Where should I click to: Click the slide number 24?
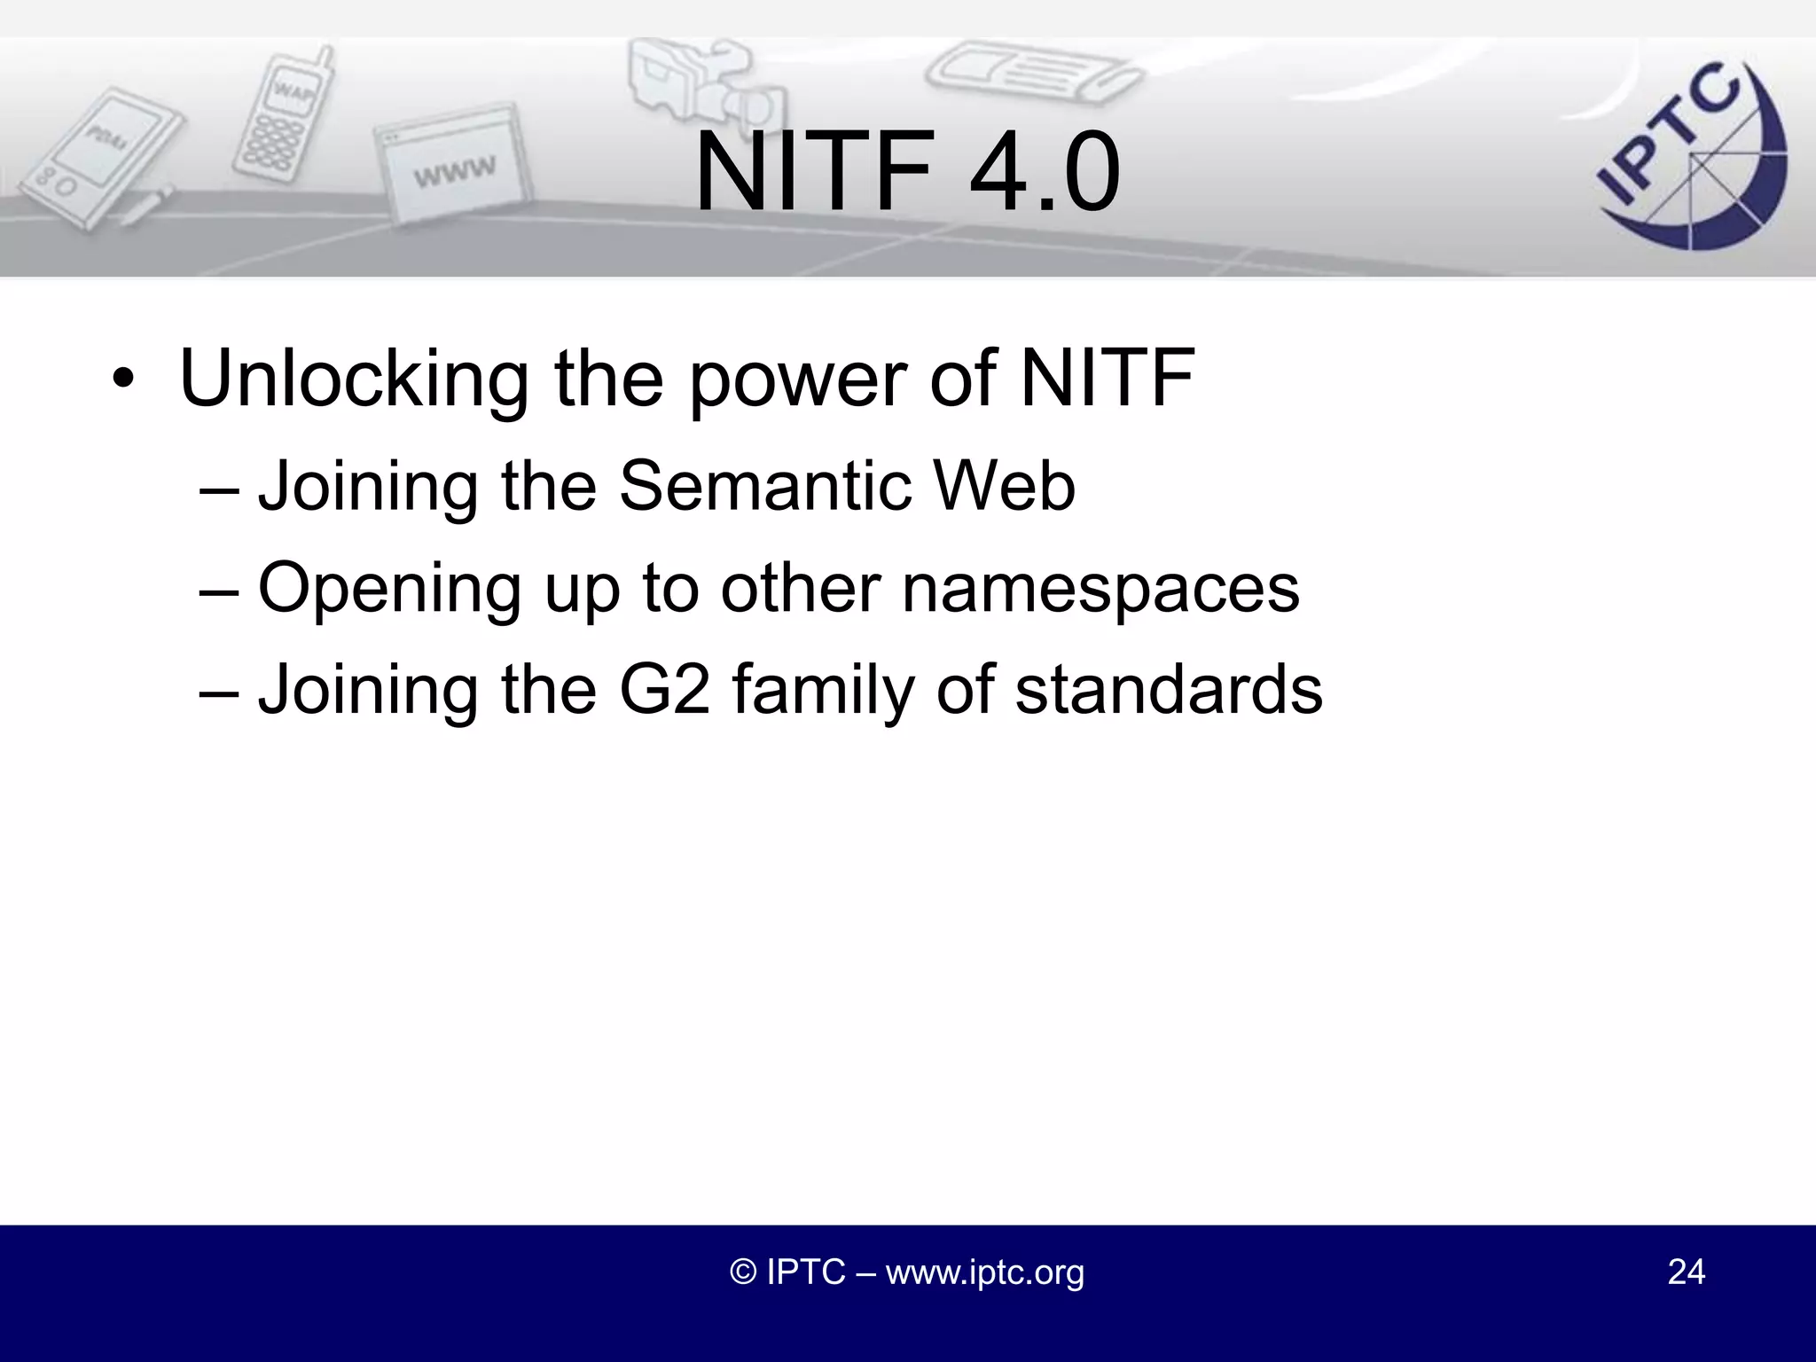coord(1686,1272)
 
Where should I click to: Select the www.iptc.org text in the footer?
coord(984,1272)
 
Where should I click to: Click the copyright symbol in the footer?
coord(743,1272)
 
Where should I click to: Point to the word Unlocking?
coord(354,380)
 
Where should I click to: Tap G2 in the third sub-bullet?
coord(665,690)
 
